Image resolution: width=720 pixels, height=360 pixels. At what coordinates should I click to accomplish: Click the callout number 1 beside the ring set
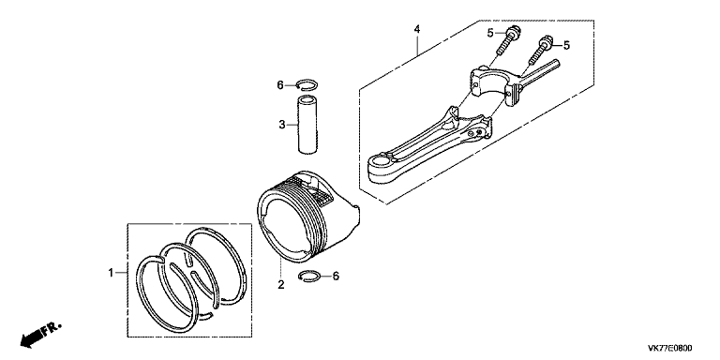pyautogui.click(x=111, y=273)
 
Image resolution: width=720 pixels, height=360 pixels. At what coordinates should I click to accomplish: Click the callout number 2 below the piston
pyautogui.click(x=281, y=285)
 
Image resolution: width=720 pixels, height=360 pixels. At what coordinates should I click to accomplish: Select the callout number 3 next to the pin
pyautogui.click(x=282, y=125)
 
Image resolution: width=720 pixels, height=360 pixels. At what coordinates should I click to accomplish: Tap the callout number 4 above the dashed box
pyautogui.click(x=417, y=29)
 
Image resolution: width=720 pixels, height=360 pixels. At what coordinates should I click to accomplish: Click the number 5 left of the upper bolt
pyautogui.click(x=490, y=33)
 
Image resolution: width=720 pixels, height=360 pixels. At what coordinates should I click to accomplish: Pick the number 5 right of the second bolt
pyautogui.click(x=566, y=45)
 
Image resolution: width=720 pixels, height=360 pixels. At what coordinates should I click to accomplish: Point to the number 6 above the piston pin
pyautogui.click(x=280, y=85)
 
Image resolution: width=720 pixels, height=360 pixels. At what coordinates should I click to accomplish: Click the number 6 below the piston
pyautogui.click(x=336, y=277)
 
